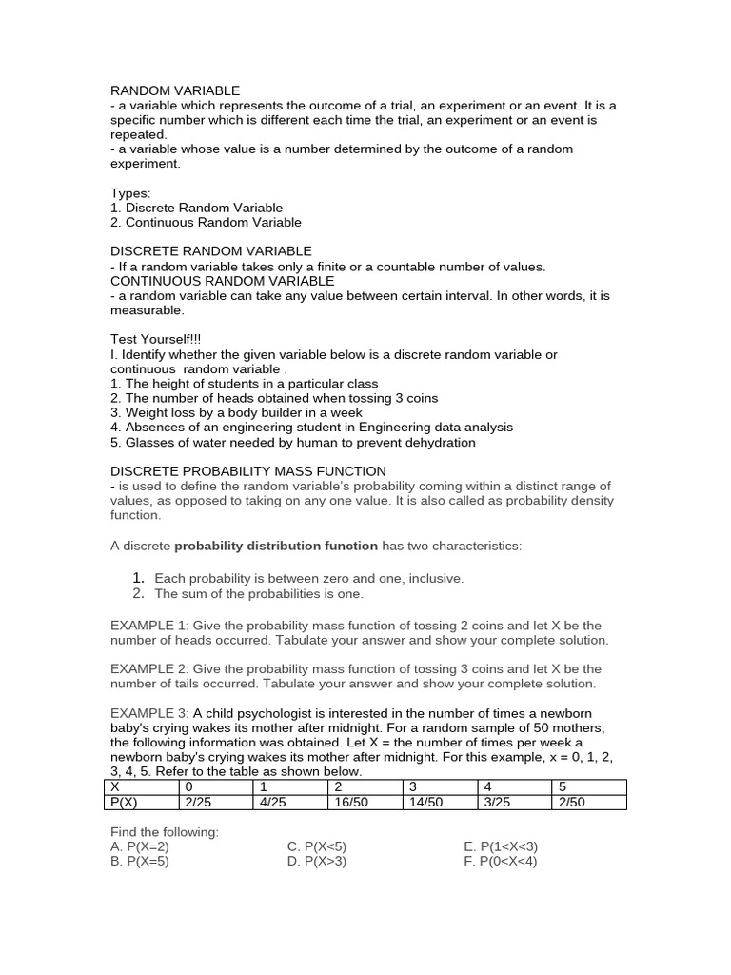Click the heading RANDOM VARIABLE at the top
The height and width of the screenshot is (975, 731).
[175, 90]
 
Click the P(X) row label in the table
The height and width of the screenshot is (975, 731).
[125, 802]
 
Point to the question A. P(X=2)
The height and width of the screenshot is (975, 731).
[140, 846]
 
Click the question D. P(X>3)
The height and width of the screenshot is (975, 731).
[319, 861]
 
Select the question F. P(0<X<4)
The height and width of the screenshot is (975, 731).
[501, 861]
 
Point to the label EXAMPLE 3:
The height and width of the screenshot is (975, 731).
[150, 713]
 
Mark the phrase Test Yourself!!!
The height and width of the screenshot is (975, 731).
[156, 339]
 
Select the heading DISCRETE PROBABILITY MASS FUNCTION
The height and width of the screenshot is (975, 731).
[248, 471]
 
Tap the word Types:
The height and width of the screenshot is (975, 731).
[130, 192]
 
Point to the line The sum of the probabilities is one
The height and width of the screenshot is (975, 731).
[259, 593]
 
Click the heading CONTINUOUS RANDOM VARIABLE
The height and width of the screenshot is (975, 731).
[223, 281]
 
